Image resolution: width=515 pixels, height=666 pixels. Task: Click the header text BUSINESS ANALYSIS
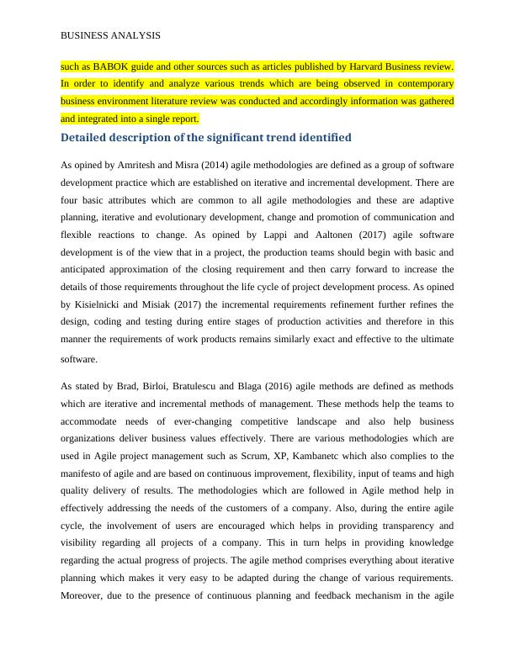(111, 36)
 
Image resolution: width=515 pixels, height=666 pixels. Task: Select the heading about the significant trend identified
(206, 137)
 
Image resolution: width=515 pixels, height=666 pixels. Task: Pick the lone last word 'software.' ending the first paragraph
(80, 358)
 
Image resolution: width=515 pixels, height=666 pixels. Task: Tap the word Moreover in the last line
(83, 596)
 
